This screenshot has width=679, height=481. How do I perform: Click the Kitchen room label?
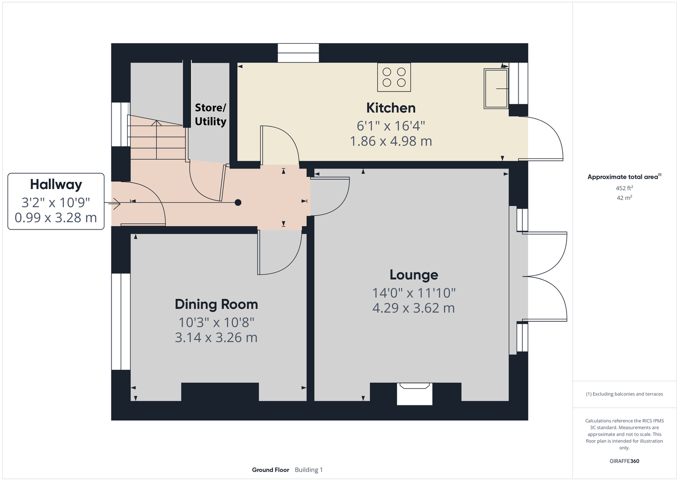tap(391, 108)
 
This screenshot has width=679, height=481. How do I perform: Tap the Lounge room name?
tap(414, 275)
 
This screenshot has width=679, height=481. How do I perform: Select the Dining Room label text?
tap(216, 304)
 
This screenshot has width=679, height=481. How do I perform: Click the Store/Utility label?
tap(210, 114)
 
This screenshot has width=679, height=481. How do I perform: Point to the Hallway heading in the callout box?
tap(56, 185)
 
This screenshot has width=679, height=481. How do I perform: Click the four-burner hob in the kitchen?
tap(394, 77)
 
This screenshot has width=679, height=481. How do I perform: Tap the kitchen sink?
tap(496, 89)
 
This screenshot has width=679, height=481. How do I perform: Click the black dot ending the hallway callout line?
tap(238, 203)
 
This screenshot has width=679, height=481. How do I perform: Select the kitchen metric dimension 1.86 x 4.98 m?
tap(391, 141)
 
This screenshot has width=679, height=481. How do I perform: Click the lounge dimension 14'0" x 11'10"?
tap(414, 293)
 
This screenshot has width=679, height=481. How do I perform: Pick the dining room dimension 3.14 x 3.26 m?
tap(216, 338)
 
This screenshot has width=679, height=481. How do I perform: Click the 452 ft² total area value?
tap(624, 188)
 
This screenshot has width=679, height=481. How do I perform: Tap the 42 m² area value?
tap(624, 198)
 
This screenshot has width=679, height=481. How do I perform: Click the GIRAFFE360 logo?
tap(624, 461)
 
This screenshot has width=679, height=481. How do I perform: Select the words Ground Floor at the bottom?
tap(271, 470)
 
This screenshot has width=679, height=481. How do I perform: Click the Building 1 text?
tap(309, 470)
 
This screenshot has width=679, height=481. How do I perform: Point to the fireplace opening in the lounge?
tap(414, 394)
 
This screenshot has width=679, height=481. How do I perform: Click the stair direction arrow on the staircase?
tap(156, 139)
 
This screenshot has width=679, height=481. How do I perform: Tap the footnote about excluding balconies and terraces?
tap(624, 394)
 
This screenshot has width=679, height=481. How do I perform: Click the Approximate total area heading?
tap(624, 177)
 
